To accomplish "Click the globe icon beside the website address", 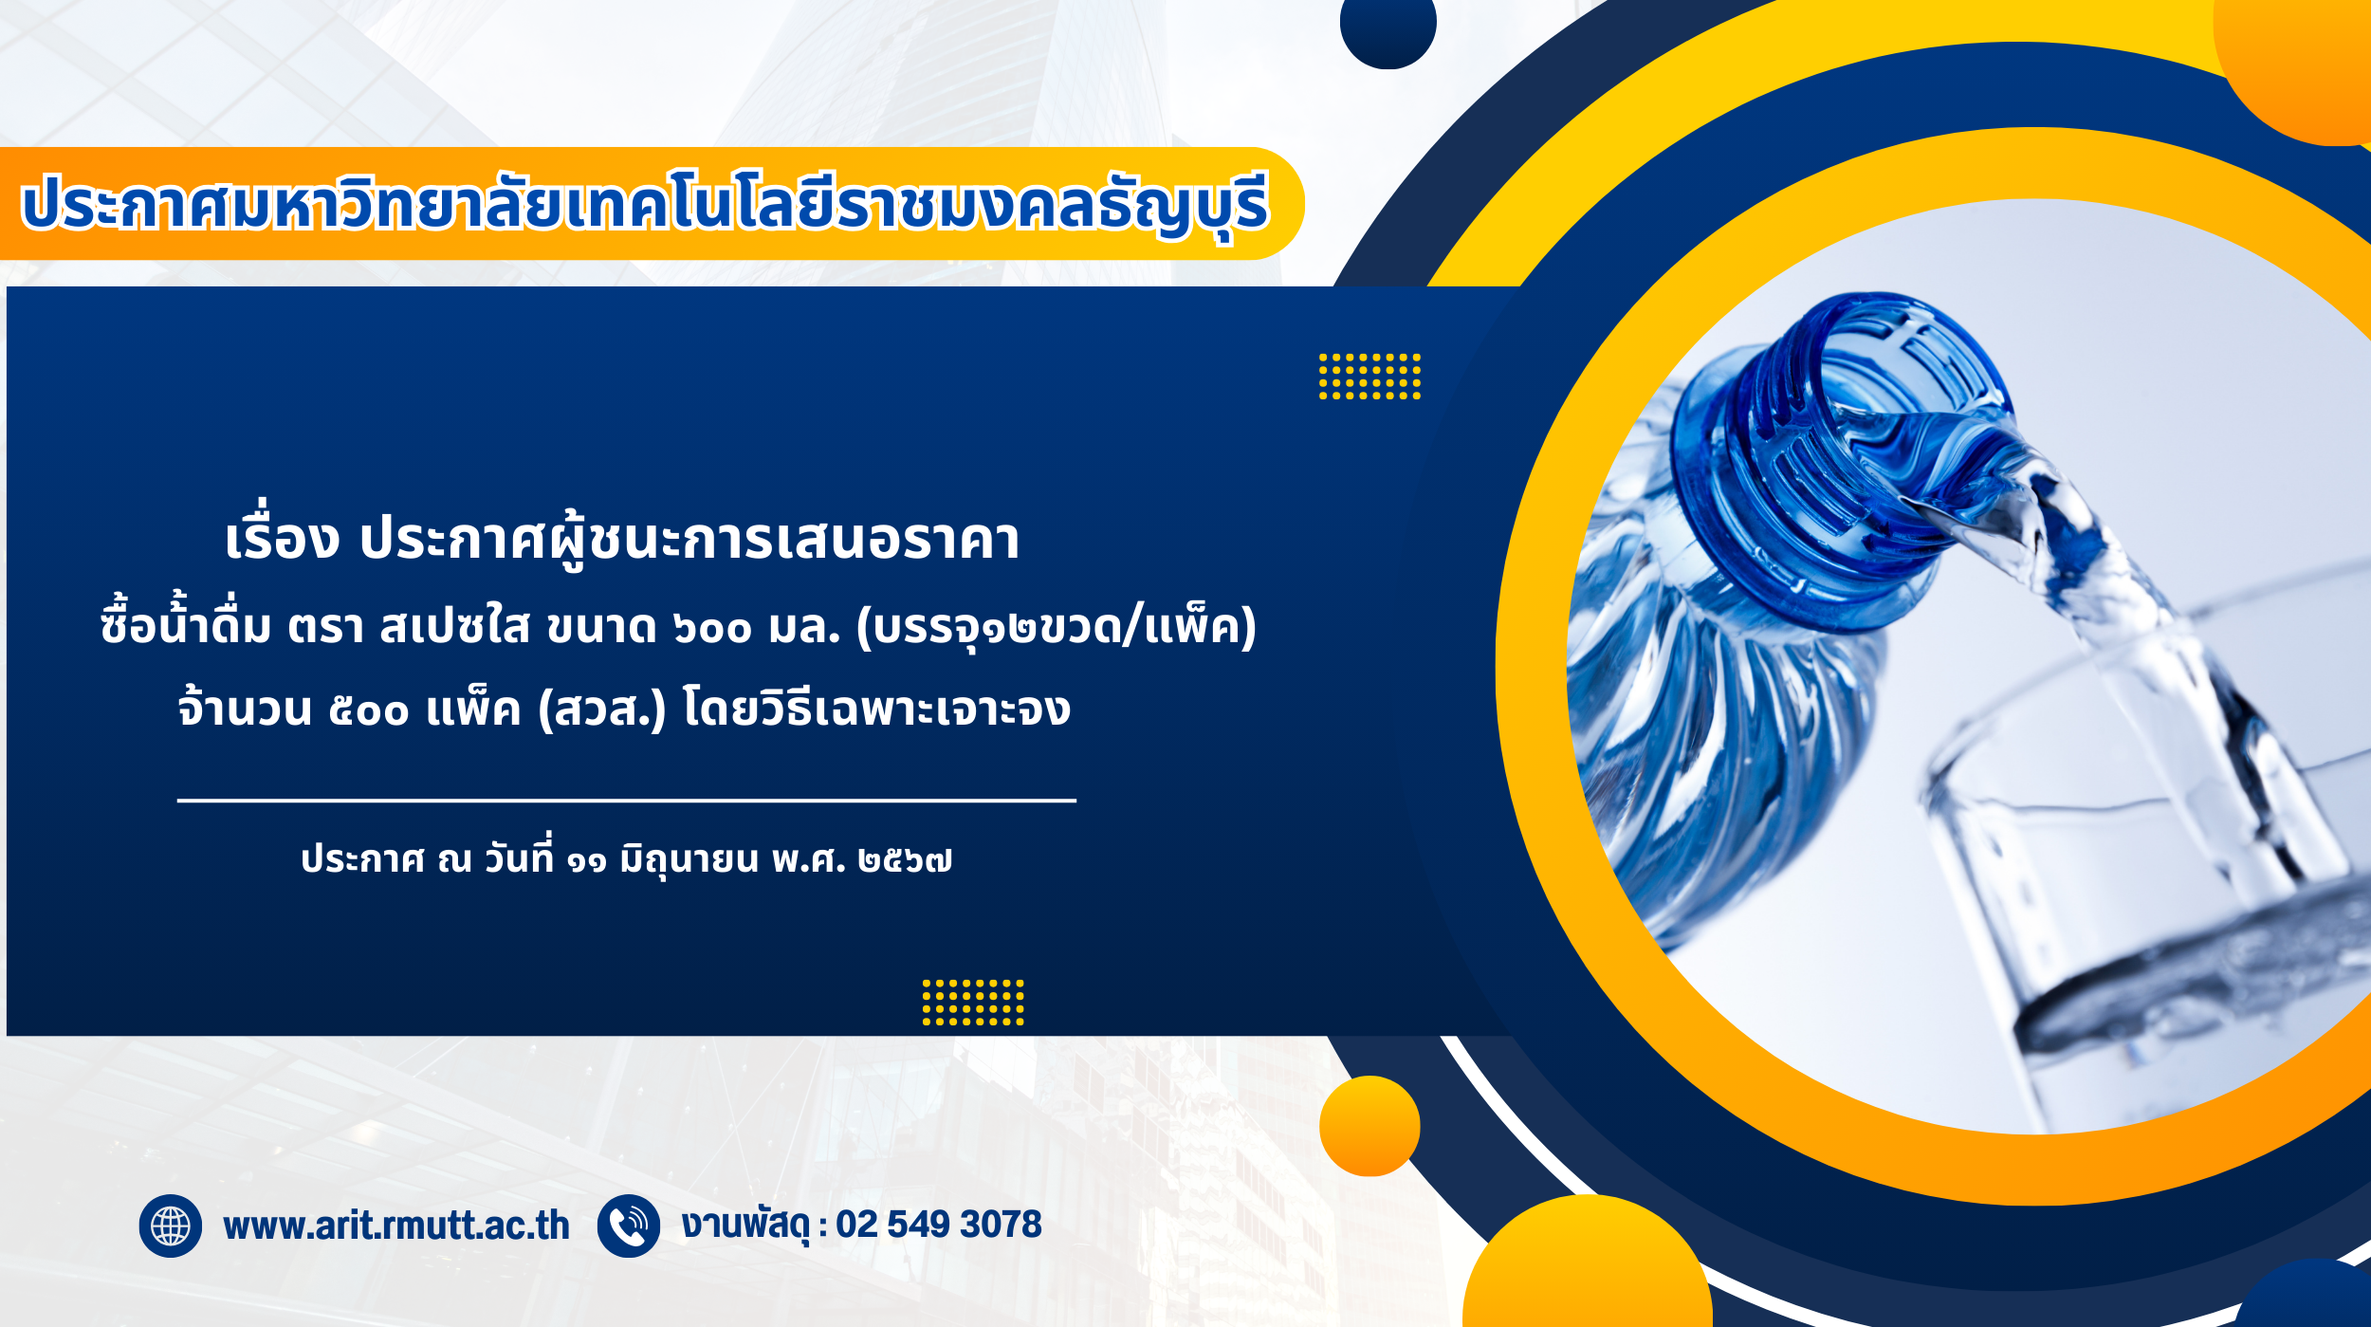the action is pos(171,1226).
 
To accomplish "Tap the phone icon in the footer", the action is pos(629,1226).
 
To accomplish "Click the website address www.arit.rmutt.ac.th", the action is pos(396,1226).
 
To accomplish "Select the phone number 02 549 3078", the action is pos(939,1225).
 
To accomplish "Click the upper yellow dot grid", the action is pos(1369,377).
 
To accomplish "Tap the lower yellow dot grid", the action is pos(973,1003).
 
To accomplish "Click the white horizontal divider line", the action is pos(627,801).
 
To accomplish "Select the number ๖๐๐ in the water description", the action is pos(712,628).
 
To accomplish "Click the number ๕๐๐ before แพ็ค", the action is pos(369,710).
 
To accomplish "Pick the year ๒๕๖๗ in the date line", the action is pos(905,860).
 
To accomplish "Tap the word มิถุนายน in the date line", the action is pos(689,860).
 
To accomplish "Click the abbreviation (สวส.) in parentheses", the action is pos(602,709).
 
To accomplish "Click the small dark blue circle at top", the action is pos(1388,24).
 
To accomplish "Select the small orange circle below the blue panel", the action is pos(1369,1126).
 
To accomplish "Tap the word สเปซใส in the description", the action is pos(454,627).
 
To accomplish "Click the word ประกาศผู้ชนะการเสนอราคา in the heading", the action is pos(689,540).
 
